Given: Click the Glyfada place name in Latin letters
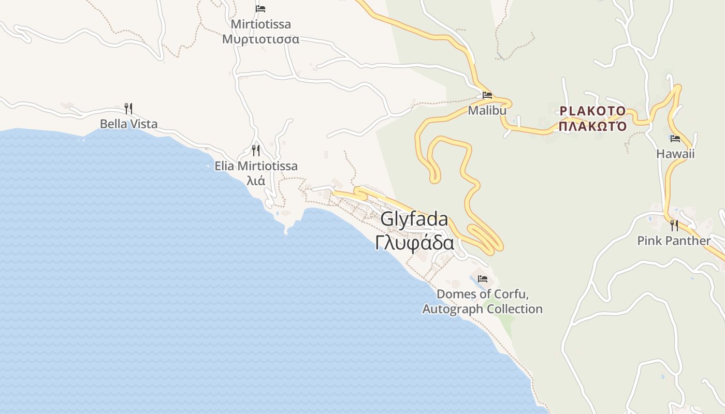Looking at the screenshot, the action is click(x=414, y=219).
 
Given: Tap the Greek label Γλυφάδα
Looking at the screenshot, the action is click(x=414, y=243).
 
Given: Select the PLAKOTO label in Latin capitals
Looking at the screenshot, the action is click(x=592, y=111).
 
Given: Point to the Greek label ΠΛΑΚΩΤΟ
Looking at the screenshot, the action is click(x=592, y=126).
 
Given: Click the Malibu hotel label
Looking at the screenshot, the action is click(x=487, y=110).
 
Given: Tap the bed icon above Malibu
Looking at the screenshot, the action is click(x=487, y=95).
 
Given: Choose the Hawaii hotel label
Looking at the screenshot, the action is click(x=675, y=154).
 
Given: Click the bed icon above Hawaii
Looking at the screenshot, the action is click(x=675, y=139).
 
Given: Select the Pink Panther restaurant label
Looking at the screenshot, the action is click(x=674, y=241).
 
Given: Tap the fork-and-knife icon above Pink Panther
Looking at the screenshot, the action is click(x=674, y=226).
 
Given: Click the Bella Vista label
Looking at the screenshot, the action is click(x=128, y=124).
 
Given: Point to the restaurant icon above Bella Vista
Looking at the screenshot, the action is click(x=128, y=109).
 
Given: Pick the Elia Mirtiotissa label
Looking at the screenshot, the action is click(x=256, y=166).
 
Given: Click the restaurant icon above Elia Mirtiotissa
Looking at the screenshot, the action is click(x=256, y=151).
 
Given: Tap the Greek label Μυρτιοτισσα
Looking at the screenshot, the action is click(x=260, y=39).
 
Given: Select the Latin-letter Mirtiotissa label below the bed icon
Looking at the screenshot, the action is click(x=260, y=24).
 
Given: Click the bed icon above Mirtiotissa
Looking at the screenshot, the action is click(x=260, y=9).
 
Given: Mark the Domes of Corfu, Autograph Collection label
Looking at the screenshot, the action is click(x=483, y=302).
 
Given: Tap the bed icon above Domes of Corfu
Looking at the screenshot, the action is click(x=483, y=279).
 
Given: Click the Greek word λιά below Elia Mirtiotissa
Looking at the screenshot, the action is click(x=256, y=181).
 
